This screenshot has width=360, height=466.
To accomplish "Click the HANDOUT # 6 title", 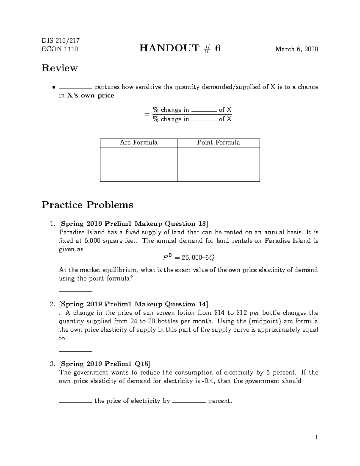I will [x=180, y=48].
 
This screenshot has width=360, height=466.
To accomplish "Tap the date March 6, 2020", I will [x=297, y=49].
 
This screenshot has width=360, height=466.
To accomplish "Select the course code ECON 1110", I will [x=60, y=49].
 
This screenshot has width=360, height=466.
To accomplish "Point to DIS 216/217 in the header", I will [x=61, y=41].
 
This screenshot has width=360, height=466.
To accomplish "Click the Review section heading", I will [x=60, y=68].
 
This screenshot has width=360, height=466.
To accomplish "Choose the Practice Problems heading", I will [x=87, y=205].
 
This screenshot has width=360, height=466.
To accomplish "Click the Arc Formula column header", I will [x=139, y=143].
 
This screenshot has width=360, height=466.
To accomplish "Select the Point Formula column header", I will [x=218, y=143].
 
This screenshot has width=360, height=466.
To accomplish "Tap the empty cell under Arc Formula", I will [x=139, y=164].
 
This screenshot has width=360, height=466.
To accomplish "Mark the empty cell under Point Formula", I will [x=218, y=164].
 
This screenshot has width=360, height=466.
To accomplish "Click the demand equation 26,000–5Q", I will [x=187, y=257].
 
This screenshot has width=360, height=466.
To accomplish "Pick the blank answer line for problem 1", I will [x=76, y=291].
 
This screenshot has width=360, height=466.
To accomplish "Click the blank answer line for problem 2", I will [x=76, y=351].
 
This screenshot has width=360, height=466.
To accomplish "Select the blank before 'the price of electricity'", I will [x=76, y=403].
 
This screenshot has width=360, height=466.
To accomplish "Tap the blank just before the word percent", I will [x=189, y=403].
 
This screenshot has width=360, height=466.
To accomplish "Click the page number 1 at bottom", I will [x=316, y=437].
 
